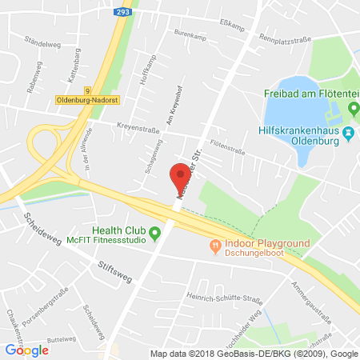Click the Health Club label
click(117, 230)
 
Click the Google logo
click(27, 350)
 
